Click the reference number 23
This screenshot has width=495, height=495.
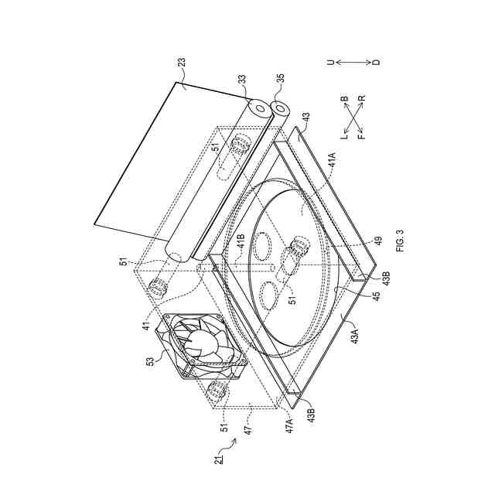183,62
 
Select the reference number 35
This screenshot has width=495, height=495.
280,79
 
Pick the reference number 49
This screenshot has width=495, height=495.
378,241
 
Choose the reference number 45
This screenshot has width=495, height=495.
376,295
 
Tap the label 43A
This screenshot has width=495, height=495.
355,336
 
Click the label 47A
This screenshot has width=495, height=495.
290,425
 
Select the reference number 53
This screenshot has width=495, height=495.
151,361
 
